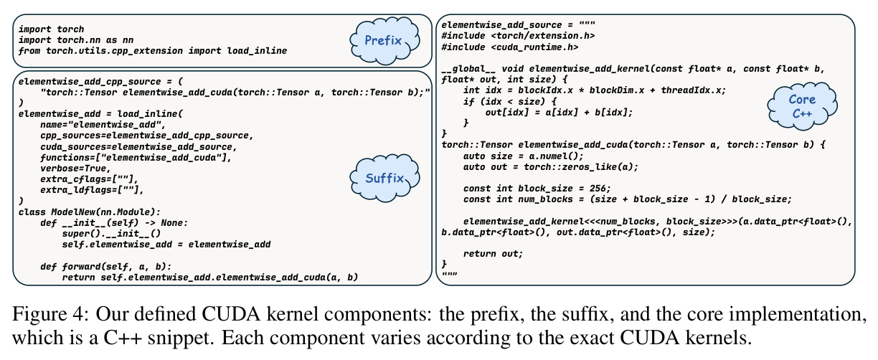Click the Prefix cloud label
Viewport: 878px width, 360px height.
coord(383,40)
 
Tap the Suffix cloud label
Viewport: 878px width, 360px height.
coord(384,179)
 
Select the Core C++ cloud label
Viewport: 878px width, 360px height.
coord(802,106)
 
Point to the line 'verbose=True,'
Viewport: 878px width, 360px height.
coord(75,169)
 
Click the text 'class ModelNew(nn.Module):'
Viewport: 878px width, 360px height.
coord(90,212)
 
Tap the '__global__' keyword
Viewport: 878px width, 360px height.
coord(468,69)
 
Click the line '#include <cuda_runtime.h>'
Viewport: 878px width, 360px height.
coord(510,47)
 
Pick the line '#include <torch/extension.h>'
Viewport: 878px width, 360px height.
coord(518,36)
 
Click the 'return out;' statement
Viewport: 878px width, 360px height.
coord(493,254)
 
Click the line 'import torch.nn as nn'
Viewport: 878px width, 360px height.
coord(76,40)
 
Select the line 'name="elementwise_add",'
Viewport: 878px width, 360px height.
coord(103,125)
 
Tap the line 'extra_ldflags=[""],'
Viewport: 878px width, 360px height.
coord(92,190)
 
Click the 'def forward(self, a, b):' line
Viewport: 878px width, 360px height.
coord(106,267)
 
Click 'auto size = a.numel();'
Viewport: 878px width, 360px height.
coord(523,156)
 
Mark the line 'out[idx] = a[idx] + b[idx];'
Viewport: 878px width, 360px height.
coord(559,113)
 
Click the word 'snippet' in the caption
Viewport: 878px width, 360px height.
coord(181,338)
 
